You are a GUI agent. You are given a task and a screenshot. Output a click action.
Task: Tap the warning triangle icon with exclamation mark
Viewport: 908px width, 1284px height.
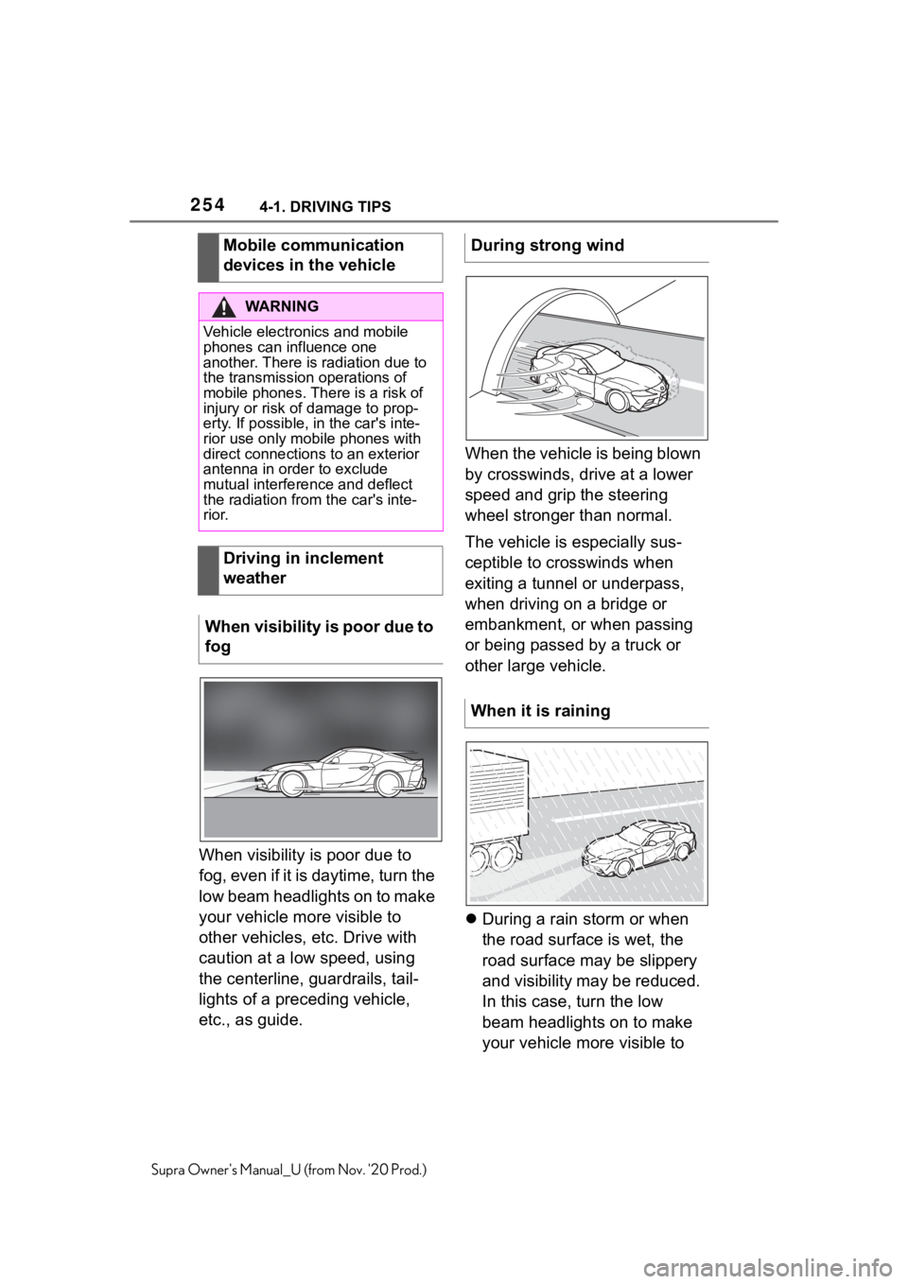point(224,306)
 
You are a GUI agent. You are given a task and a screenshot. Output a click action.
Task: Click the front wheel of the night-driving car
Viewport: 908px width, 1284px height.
point(293,784)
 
